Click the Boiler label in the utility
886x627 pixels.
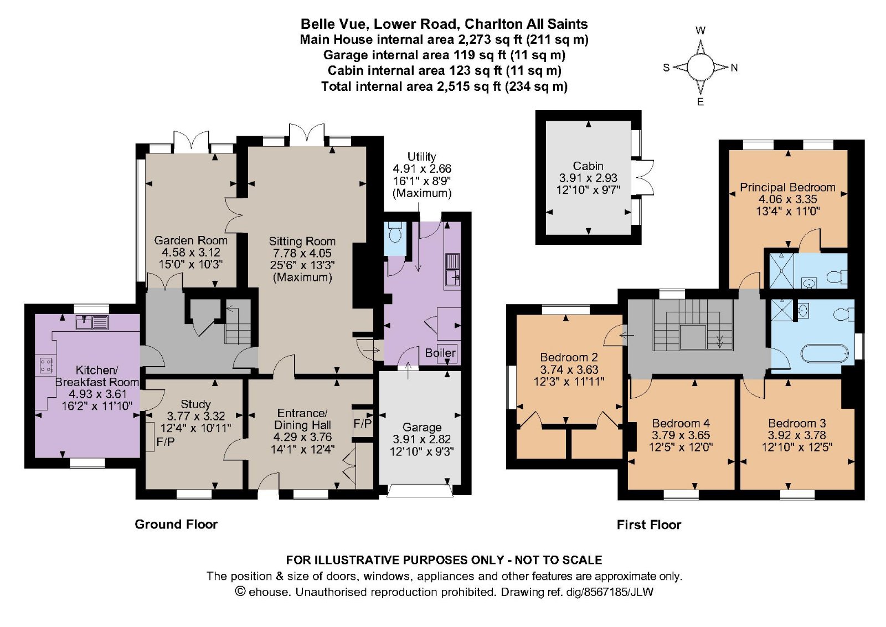pyautogui.click(x=440, y=352)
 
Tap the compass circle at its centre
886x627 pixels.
pyautogui.click(x=700, y=67)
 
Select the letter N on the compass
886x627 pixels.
pyautogui.click(x=734, y=68)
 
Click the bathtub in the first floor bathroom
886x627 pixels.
pyautogui.click(x=825, y=353)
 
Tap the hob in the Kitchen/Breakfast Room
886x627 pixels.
pyautogui.click(x=45, y=366)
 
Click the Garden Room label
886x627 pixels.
pyautogui.click(x=190, y=240)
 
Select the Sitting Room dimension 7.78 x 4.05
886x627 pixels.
pyautogui.click(x=302, y=253)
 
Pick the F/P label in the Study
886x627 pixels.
pyautogui.click(x=166, y=441)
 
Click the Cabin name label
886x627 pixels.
pyautogui.click(x=588, y=166)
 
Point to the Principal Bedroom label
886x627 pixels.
pyautogui.click(x=787, y=187)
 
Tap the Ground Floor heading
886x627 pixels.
pyautogui.click(x=176, y=525)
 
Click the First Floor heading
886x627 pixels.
pyautogui.click(x=649, y=525)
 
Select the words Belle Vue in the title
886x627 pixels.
pyautogui.click(x=335, y=24)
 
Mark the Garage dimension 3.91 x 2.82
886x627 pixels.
pyautogui.click(x=421, y=439)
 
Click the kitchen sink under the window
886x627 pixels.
pyautogui.click(x=92, y=322)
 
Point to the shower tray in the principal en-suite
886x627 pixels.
pyautogui.click(x=781, y=271)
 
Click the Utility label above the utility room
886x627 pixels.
pyautogui.click(x=421, y=157)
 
